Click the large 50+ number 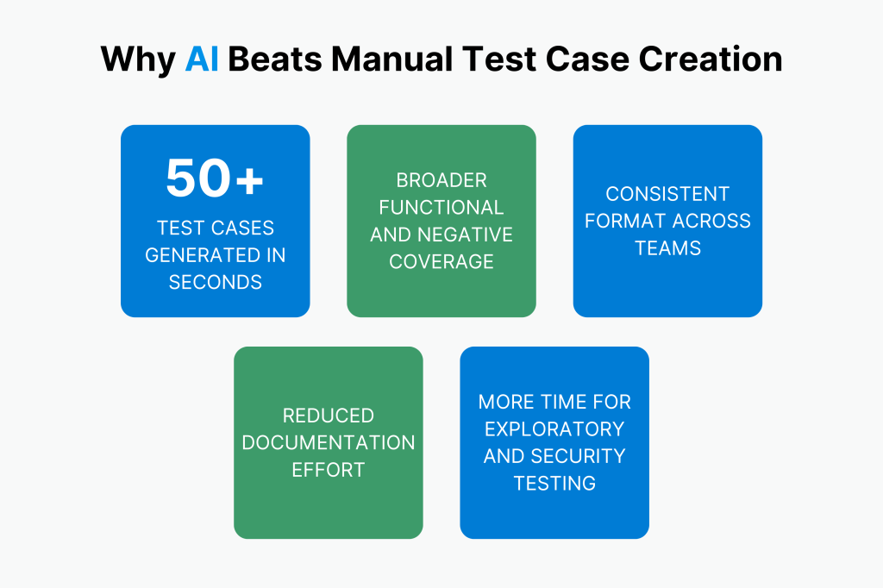(x=215, y=178)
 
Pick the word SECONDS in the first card (x=215, y=282)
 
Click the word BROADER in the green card (x=441, y=180)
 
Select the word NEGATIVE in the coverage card (x=465, y=235)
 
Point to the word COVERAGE (x=441, y=261)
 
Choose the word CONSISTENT (x=667, y=193)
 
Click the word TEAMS (x=667, y=247)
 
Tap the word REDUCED (x=329, y=416)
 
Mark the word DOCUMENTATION (x=329, y=442)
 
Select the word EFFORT (x=329, y=470)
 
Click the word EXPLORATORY (x=554, y=428)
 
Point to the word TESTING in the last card (x=554, y=483)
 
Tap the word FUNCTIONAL (x=441, y=207)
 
